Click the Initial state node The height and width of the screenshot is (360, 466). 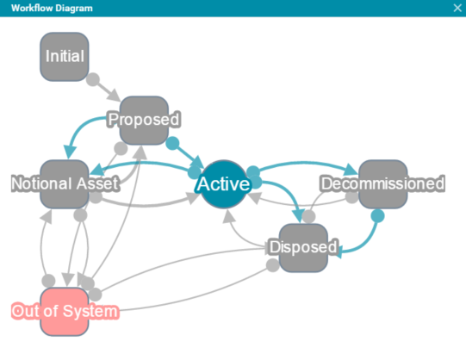pyautogui.click(x=65, y=57)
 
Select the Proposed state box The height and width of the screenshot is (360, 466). pyautogui.click(x=144, y=121)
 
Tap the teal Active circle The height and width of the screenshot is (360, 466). pyautogui.click(x=224, y=184)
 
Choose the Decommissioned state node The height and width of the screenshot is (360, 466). pyautogui.click(x=383, y=184)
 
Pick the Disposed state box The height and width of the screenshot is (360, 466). pyautogui.click(x=303, y=248)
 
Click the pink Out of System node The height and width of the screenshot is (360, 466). pyautogui.click(x=65, y=312)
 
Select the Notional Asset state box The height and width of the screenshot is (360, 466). pyautogui.click(x=65, y=184)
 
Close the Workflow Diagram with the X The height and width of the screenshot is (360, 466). pyautogui.click(x=457, y=8)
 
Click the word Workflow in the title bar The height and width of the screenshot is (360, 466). pyautogui.click(x=32, y=8)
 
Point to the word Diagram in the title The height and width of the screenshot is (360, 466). pyautogui.click(x=74, y=9)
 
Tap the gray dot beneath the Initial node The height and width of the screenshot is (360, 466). pyautogui.click(x=93, y=79)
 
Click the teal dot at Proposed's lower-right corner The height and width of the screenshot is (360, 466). pyautogui.click(x=172, y=144)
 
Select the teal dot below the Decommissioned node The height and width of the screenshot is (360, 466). pyautogui.click(x=377, y=216)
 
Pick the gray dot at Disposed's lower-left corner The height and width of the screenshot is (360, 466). pyautogui.click(x=272, y=265)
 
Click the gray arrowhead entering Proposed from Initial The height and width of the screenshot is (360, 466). pyautogui.click(x=115, y=95)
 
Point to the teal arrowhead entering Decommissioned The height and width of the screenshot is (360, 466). pyautogui.click(x=351, y=170)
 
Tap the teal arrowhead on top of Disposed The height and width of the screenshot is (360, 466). pyautogui.click(x=298, y=216)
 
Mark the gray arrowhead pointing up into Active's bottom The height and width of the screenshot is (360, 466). pyautogui.click(x=228, y=216)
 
